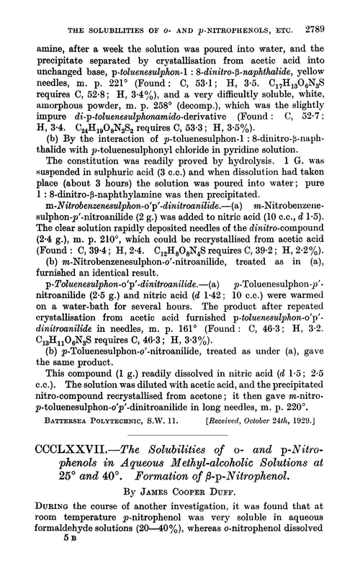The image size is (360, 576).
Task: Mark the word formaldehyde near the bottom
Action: [65, 553]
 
